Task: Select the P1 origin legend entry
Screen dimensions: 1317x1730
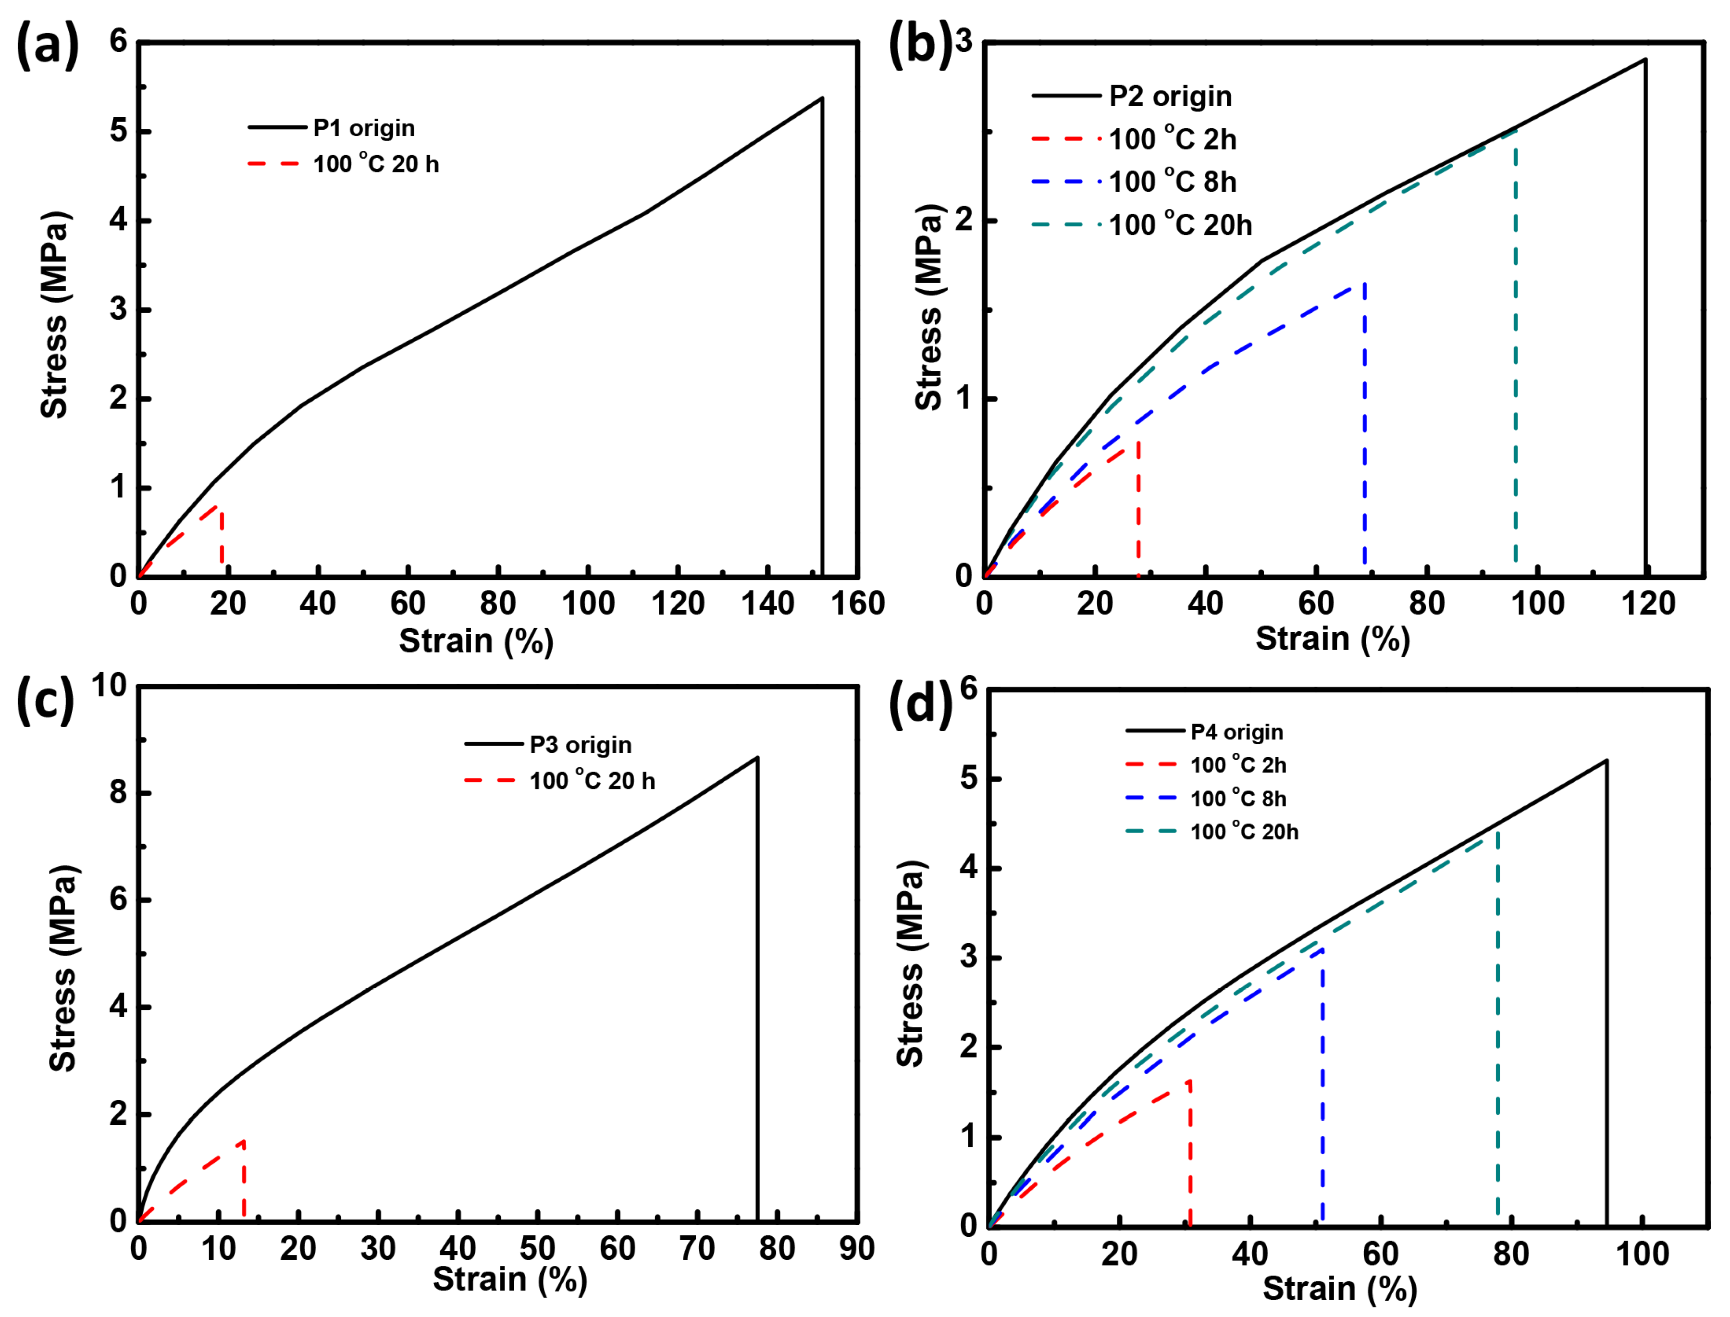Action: pyautogui.click(x=364, y=128)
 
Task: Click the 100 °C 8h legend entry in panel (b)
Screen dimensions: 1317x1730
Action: pyautogui.click(x=1172, y=182)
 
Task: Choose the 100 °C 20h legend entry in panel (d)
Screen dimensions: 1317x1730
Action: pyautogui.click(x=1244, y=832)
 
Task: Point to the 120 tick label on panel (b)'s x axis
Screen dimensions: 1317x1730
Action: pyautogui.click(x=1648, y=603)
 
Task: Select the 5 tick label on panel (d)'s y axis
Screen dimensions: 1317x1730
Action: pyautogui.click(x=970, y=779)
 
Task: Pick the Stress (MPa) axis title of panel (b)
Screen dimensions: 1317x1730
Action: pyautogui.click(x=930, y=308)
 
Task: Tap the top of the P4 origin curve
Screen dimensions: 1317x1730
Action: pyautogui.click(x=1606, y=761)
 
